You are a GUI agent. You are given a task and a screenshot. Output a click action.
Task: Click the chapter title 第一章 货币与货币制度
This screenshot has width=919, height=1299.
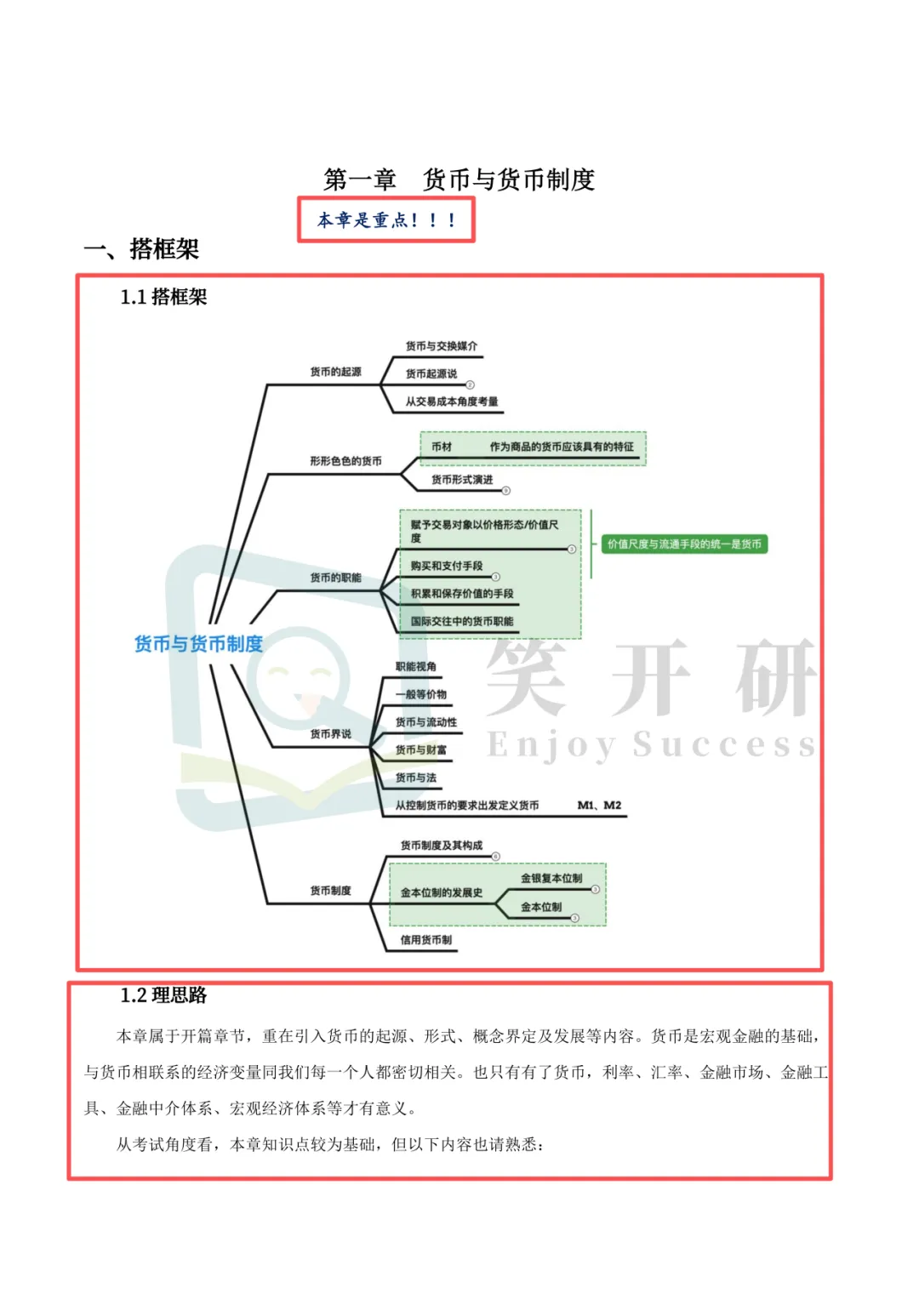pos(459,179)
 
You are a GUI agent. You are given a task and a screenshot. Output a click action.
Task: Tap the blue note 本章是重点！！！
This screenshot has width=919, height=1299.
pos(386,220)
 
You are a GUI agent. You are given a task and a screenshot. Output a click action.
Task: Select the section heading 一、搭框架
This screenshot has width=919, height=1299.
pos(141,249)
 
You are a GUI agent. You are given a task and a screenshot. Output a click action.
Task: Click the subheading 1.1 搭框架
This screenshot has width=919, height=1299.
pos(163,297)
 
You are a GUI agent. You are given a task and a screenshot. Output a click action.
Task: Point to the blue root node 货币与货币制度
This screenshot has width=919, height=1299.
pos(198,644)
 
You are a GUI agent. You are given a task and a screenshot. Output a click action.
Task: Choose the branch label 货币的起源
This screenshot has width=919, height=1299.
pos(335,372)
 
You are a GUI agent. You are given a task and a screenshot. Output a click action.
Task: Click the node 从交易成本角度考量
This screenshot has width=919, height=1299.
pos(451,402)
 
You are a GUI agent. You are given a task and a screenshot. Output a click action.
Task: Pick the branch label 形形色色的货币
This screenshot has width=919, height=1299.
pos(345,461)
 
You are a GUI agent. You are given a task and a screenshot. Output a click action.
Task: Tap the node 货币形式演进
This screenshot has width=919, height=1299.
pos(462,480)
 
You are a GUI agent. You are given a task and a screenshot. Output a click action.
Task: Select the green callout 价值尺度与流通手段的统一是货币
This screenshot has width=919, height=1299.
pos(684,544)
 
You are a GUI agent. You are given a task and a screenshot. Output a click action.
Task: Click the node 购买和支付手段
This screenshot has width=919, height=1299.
pos(447,566)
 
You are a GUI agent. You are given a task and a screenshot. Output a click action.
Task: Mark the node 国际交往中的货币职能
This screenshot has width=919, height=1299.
pos(462,621)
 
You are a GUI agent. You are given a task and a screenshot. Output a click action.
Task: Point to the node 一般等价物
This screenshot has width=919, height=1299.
pos(421,694)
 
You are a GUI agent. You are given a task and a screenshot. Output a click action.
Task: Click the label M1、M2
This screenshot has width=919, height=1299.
pos(599,805)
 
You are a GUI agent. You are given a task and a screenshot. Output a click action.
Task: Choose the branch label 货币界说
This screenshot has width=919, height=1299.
pos(330,734)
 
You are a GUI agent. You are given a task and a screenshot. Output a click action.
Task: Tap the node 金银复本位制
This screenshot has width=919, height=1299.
pos(551,878)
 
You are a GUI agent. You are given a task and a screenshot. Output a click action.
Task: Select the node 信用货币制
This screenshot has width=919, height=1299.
pos(426,940)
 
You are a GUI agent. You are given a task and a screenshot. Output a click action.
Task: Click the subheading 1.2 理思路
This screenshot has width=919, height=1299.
pos(163,995)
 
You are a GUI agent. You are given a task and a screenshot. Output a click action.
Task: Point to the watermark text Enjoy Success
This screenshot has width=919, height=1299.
pos(651,745)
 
